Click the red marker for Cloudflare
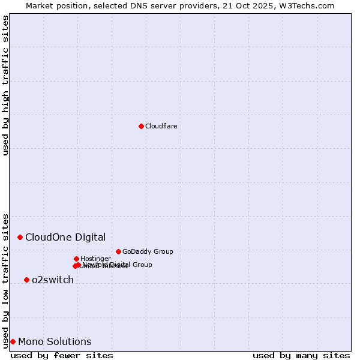141,126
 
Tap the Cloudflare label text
161,126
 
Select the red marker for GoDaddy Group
118,251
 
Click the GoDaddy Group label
148,251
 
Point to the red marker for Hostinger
76,259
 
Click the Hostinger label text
95,259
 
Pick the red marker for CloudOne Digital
20,237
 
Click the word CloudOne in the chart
47,237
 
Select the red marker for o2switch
26,280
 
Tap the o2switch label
53,280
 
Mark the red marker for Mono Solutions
13,341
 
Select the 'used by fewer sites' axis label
62,355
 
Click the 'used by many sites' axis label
301,355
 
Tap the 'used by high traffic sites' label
5,85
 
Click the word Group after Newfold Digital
142,265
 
